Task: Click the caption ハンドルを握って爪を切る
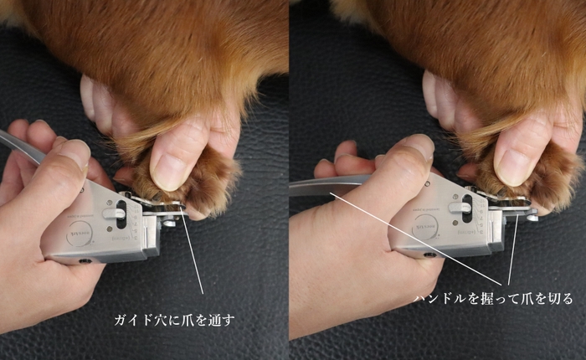(x=494, y=299)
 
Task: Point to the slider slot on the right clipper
(x=465, y=208)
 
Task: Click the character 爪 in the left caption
(x=193, y=320)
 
